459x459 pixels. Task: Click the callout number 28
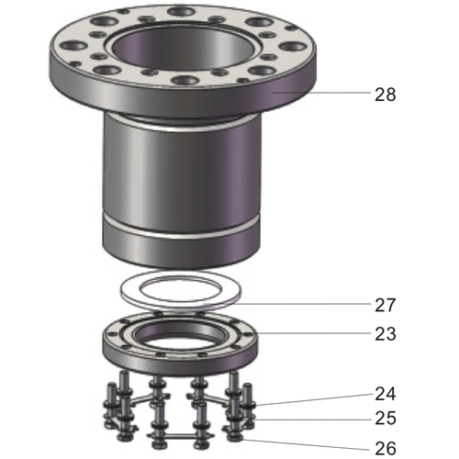coord(385,94)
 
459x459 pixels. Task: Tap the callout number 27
coord(385,305)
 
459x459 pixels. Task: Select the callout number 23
coord(385,334)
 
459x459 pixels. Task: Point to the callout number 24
coord(385,394)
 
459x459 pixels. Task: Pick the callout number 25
coord(385,419)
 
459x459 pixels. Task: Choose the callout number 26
coord(385,449)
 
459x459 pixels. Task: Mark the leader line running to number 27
coord(303,304)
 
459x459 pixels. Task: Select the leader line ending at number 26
coord(303,444)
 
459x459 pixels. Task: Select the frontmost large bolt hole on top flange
coord(186,81)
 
